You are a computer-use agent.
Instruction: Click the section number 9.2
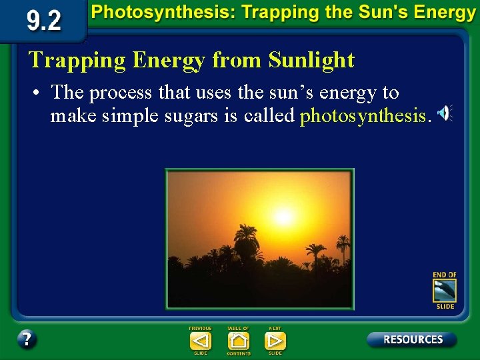(x=44, y=21)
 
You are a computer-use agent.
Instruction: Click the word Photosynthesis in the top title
(x=145, y=13)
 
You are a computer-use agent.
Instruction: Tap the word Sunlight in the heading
(x=311, y=60)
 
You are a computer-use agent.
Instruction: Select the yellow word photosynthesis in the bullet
(x=362, y=116)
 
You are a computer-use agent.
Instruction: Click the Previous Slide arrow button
(x=200, y=341)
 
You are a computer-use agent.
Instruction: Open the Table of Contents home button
(x=238, y=341)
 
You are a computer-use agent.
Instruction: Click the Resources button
(x=412, y=339)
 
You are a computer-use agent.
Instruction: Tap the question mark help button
(x=27, y=339)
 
